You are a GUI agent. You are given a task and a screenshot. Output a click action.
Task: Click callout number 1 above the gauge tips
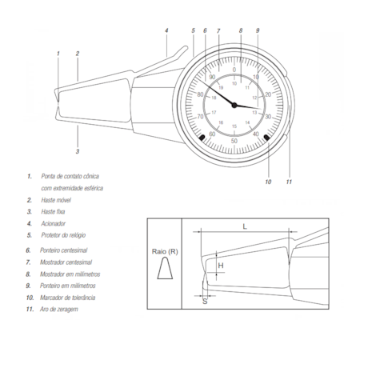point(58,54)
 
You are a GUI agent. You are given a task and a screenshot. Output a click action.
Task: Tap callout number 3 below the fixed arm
point(78,150)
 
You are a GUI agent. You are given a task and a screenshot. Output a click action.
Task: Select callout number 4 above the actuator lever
point(166,31)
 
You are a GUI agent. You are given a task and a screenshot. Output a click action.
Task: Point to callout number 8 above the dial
point(240,31)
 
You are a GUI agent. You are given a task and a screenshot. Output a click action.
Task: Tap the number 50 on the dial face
point(234,141)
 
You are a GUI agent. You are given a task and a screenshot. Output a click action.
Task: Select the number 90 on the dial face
point(212,77)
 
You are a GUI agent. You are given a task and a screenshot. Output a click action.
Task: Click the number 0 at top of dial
point(234,70)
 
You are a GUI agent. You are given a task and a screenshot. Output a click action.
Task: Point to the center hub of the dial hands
point(234,105)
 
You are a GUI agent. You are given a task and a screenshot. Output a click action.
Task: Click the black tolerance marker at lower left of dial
point(200,138)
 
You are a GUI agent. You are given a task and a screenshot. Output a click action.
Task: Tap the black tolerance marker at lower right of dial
point(267,137)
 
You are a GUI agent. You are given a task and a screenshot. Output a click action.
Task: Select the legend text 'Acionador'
point(54,223)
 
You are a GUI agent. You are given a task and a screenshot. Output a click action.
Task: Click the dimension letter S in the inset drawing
point(205,302)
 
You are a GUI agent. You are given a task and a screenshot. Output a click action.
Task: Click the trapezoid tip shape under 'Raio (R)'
point(166,274)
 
